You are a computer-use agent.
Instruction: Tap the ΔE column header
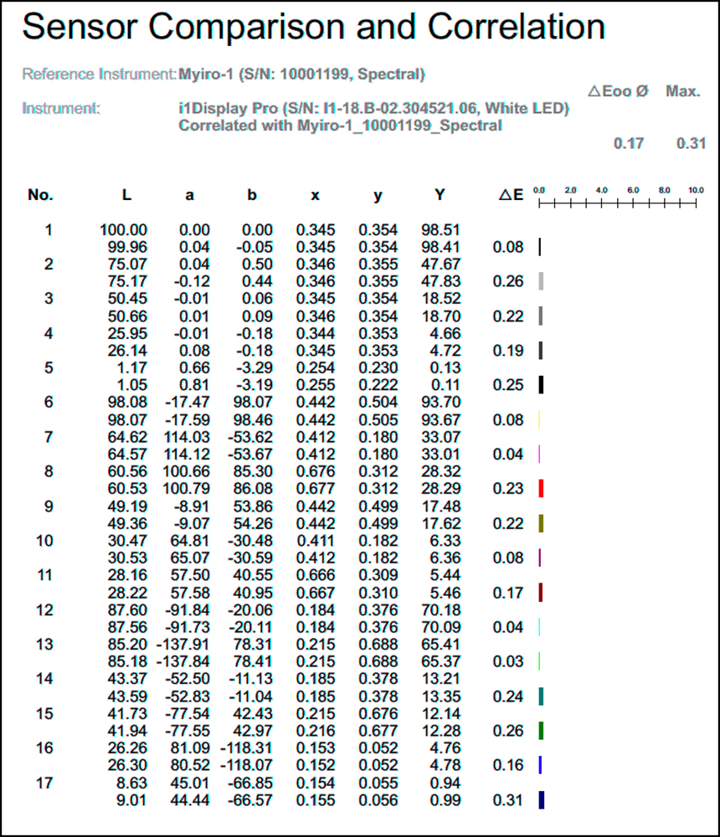tap(511, 195)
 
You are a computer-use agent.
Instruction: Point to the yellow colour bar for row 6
tap(541, 419)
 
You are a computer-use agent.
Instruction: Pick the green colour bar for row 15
tap(542, 730)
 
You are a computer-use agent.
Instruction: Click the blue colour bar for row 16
tap(541, 764)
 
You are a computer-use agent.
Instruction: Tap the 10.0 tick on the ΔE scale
tap(696, 191)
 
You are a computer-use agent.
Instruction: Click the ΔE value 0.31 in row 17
tap(509, 799)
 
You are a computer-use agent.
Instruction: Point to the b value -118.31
tap(247, 747)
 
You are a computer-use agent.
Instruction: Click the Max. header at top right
tap(682, 90)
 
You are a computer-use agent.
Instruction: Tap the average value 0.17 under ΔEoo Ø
tap(629, 143)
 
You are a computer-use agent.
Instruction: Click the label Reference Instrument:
tap(99, 74)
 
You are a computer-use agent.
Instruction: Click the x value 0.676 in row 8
tap(315, 471)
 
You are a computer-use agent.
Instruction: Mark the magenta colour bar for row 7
tap(540, 454)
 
